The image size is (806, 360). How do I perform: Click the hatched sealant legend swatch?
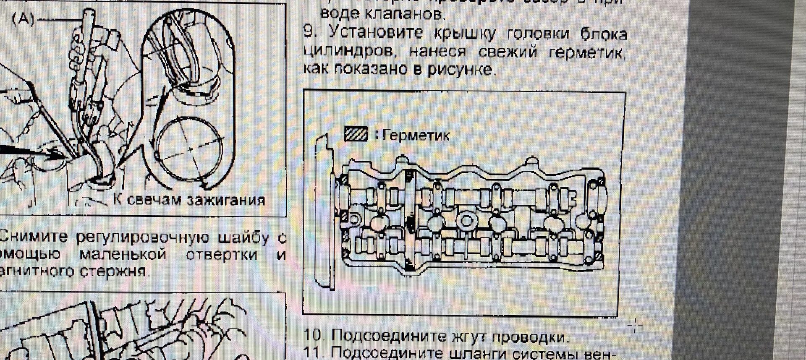[x=356, y=134]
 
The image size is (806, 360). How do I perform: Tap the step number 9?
[x=309, y=32]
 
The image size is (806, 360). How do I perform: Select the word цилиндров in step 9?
[x=348, y=51]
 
